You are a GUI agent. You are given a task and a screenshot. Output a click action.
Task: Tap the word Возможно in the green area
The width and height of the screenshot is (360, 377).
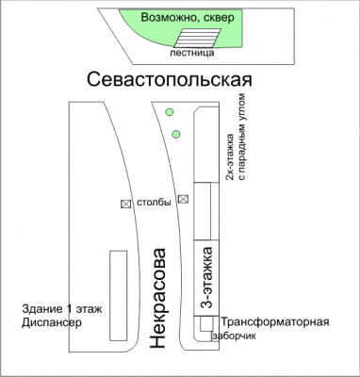tap(167, 18)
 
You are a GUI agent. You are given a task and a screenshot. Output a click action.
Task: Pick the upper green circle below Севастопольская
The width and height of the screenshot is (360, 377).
tap(170, 113)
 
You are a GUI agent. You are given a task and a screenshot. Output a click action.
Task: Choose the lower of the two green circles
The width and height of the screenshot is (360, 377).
tap(176, 133)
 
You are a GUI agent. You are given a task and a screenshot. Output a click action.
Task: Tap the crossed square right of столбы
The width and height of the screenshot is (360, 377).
tap(184, 199)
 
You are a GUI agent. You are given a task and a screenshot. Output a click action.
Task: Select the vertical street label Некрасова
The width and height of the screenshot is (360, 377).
tap(159, 300)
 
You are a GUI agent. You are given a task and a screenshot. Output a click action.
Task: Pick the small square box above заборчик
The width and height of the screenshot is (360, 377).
tap(205, 323)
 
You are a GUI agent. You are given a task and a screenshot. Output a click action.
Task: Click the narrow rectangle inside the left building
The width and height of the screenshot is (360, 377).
tap(118, 290)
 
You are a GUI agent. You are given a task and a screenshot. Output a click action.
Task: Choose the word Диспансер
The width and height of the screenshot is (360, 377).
tap(53, 323)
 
